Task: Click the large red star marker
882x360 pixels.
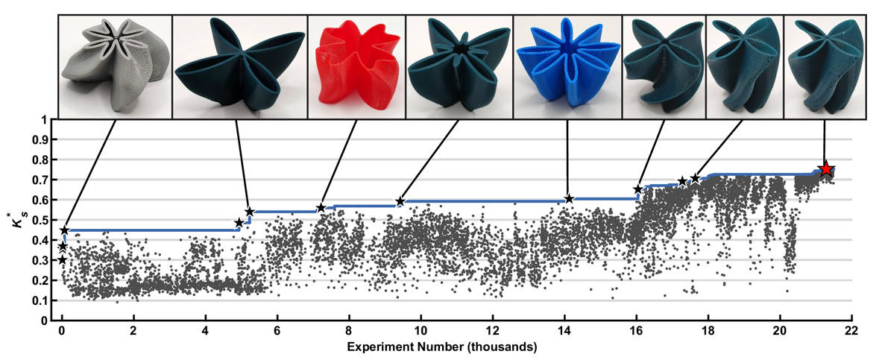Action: (x=825, y=169)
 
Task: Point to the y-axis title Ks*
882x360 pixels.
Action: (x=19, y=220)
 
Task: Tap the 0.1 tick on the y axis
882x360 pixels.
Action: (x=44, y=300)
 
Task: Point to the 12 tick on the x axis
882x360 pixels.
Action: (x=492, y=332)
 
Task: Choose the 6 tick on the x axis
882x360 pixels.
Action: (x=277, y=332)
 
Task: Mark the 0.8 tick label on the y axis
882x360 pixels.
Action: (x=44, y=160)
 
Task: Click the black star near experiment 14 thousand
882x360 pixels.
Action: (x=569, y=198)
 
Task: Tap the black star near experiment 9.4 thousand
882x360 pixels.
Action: (x=400, y=201)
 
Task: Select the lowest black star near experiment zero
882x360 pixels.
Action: (x=62, y=259)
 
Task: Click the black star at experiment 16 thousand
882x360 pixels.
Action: (x=637, y=189)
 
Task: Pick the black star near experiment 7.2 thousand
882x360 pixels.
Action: (x=321, y=207)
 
